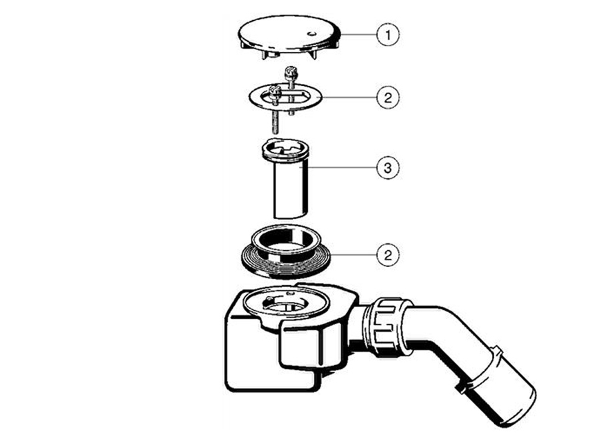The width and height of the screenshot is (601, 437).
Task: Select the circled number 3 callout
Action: [x=388, y=168]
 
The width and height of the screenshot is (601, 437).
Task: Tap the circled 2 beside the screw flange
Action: [x=388, y=97]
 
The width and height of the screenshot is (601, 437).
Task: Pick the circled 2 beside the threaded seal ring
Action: [x=388, y=255]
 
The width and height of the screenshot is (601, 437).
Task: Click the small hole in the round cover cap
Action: [x=311, y=33]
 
